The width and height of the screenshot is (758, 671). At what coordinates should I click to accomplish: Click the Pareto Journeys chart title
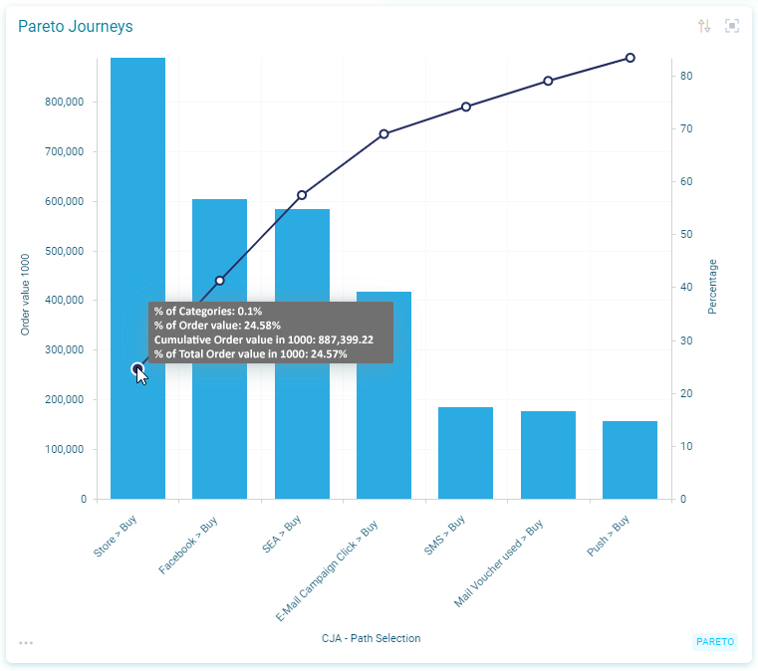coord(76,27)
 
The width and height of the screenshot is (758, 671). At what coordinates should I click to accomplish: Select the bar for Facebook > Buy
coord(219,348)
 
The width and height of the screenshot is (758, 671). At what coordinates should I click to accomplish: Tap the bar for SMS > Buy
coord(465,452)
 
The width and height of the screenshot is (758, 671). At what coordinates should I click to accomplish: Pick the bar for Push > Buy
coord(630,459)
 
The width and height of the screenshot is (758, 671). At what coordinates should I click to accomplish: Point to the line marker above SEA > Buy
coord(302,195)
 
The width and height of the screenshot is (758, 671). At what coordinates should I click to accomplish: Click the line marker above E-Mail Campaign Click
coord(383,133)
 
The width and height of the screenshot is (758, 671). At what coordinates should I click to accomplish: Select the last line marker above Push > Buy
coord(631,58)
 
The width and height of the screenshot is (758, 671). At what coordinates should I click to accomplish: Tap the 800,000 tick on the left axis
coord(64,102)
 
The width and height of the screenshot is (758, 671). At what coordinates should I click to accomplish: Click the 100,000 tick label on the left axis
coord(64,449)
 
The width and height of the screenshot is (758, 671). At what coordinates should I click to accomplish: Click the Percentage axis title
coord(712,287)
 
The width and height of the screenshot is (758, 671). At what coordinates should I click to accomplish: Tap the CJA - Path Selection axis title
coord(371,638)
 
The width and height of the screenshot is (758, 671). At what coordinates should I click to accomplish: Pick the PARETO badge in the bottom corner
coord(715,641)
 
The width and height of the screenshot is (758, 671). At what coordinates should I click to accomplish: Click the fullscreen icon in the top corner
coord(732,26)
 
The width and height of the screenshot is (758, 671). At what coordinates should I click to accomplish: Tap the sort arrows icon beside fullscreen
coord(704,26)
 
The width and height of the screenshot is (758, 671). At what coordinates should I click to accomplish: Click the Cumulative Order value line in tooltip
coord(264,339)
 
